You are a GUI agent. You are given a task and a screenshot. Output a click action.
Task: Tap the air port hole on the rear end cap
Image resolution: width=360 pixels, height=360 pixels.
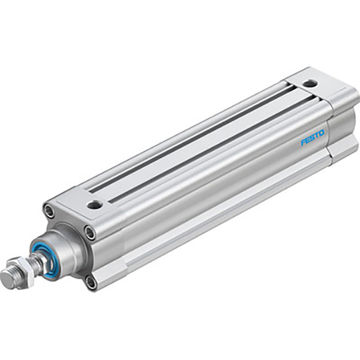coord(307,84)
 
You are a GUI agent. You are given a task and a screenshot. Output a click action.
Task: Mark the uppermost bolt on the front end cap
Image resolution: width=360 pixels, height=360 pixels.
coord(49,210)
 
